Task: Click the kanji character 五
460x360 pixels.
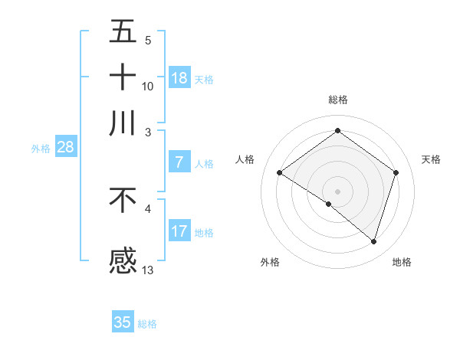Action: coord(123,33)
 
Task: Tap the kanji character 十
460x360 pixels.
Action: coord(123,77)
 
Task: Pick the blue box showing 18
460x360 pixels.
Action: coord(179,78)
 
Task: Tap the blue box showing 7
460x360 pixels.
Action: coord(179,162)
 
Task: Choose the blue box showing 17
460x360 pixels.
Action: coord(179,231)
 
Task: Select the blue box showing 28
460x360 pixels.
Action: coord(65,148)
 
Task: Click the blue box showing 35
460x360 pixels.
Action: coord(123,322)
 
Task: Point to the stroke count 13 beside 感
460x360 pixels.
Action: coord(148,269)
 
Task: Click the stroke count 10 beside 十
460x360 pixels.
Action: coord(148,86)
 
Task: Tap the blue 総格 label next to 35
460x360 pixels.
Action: coord(147,324)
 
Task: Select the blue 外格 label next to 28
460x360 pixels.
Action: coord(40,149)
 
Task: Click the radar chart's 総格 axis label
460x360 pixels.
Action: coord(337,100)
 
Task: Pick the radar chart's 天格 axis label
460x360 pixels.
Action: coord(432,159)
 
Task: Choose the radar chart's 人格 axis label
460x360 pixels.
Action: coord(245,159)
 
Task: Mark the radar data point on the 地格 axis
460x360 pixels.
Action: coord(374,241)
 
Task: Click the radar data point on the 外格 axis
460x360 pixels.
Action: coord(329,204)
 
